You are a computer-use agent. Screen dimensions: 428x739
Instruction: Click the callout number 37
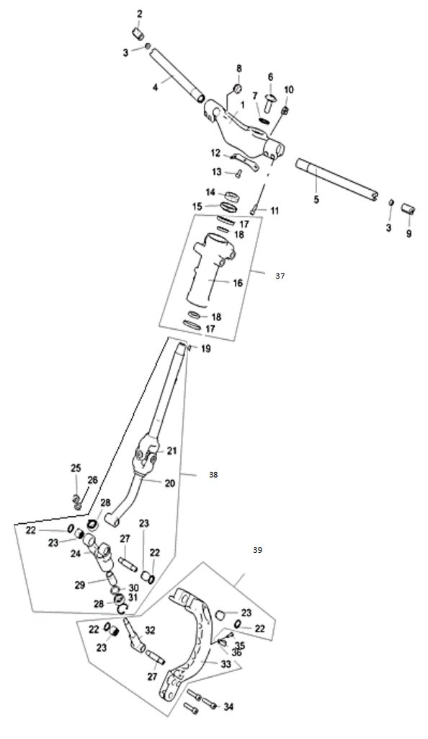[280, 276]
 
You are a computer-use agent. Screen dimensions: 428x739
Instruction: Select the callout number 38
[213, 475]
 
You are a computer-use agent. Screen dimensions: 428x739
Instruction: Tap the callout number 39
[257, 549]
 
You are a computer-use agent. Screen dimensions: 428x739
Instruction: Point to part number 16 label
[238, 283]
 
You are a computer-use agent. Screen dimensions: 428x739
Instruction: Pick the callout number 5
[316, 199]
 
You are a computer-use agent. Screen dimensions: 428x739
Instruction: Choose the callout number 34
[228, 707]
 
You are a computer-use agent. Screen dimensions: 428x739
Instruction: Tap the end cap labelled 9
[409, 209]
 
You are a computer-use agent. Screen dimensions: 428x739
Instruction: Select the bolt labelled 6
[271, 102]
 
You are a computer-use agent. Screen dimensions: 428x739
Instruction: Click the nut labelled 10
[285, 110]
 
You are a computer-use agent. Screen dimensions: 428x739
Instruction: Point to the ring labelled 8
[238, 89]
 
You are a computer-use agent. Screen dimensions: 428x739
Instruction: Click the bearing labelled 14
[231, 195]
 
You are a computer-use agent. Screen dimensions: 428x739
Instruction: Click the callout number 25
[76, 468]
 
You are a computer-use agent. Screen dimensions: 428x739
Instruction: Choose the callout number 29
[79, 585]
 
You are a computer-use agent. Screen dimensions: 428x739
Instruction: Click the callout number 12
[215, 153]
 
